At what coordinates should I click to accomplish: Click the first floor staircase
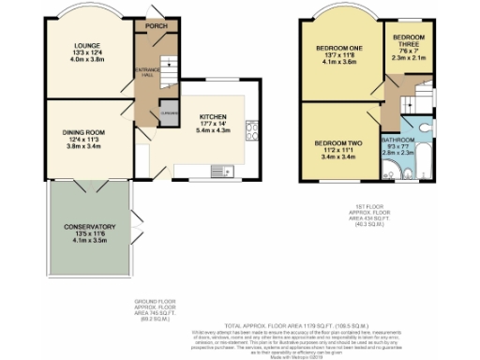pos(404,98)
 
